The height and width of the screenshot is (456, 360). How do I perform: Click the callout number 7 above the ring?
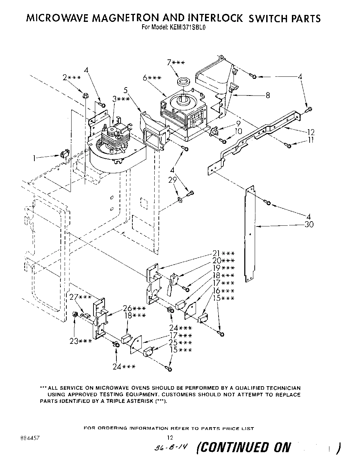pos(169,63)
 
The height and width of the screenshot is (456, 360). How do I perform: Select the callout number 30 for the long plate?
pos(309,225)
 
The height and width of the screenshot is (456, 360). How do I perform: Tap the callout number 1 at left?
pos(34,158)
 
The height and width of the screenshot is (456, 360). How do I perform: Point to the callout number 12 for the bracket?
pos(311,132)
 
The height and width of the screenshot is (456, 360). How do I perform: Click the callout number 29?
pos(172,180)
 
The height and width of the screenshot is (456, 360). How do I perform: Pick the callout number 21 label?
pos(217,253)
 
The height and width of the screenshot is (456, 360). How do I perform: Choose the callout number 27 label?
pos(74,297)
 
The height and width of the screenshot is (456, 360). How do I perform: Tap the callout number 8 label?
pos(268,95)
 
